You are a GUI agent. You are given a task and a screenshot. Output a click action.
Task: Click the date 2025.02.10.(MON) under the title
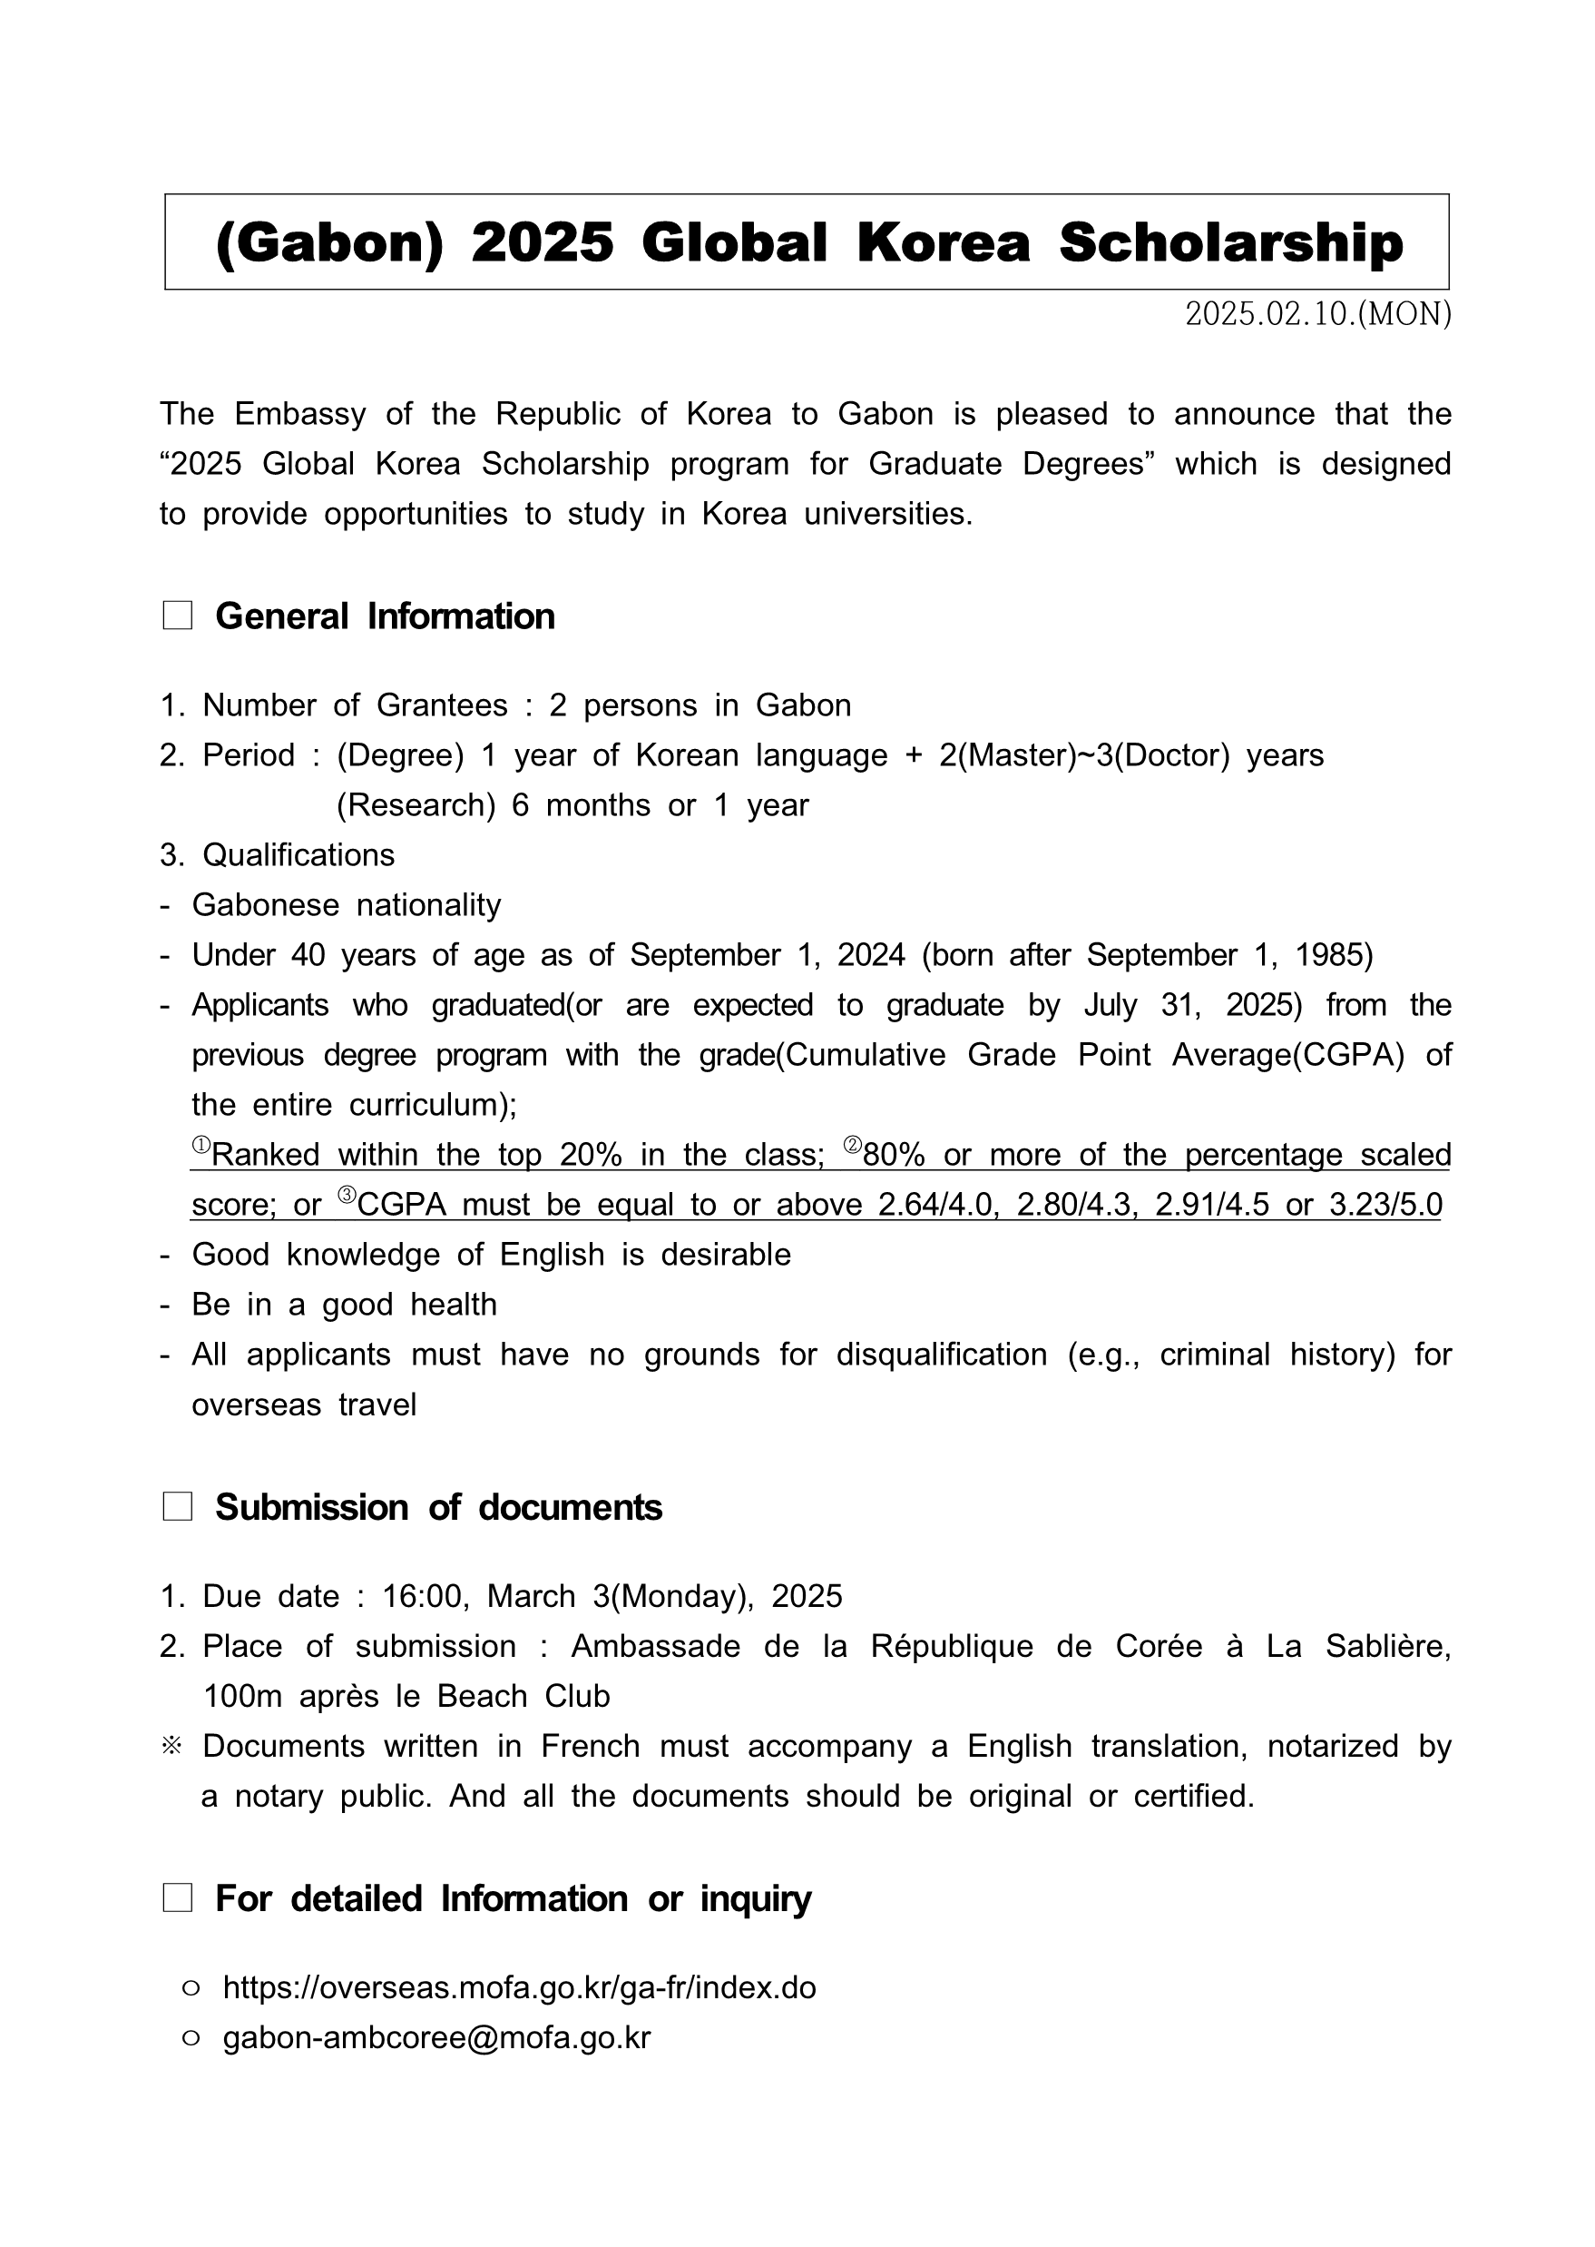pos(1317,314)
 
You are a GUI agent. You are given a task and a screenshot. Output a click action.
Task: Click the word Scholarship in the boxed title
pos(1230,242)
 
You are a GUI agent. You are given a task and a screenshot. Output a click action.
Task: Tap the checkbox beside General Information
pos(178,616)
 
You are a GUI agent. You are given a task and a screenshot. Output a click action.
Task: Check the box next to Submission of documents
pos(178,1507)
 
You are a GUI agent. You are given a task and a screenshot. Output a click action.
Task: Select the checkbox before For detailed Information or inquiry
pos(178,1898)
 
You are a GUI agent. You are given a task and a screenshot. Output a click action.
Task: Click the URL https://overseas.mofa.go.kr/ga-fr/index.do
pos(520,1987)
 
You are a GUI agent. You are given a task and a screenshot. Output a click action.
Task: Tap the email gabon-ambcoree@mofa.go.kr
pos(437,2037)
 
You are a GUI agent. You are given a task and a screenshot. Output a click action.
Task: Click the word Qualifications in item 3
pos(298,856)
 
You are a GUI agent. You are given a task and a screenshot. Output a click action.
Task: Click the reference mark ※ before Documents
pos(171,1746)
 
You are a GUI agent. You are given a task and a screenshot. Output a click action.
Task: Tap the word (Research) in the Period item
pos(416,805)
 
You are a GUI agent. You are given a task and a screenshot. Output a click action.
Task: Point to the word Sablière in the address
pos(1388,1646)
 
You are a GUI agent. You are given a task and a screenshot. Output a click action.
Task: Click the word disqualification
pos(941,1355)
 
